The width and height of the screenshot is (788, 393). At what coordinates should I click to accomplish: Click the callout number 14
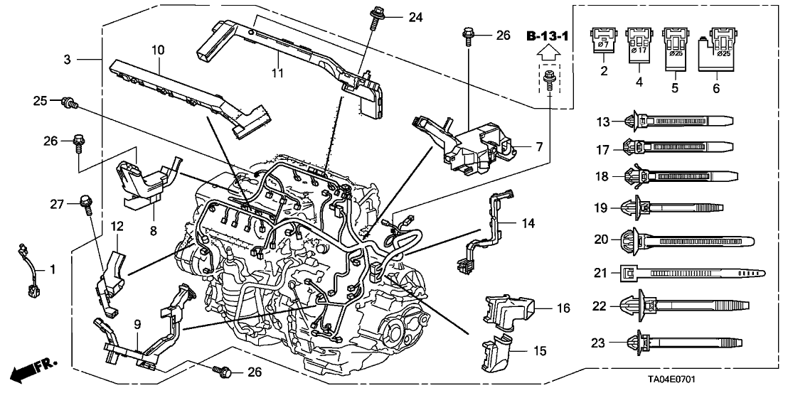pyautogui.click(x=526, y=223)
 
